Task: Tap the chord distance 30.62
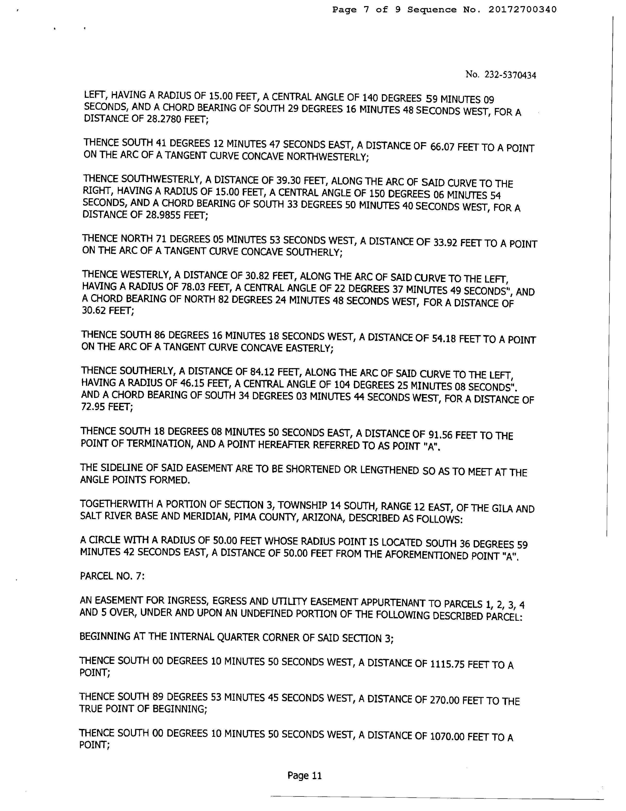pos(93,310)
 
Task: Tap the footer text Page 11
pos(304,776)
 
